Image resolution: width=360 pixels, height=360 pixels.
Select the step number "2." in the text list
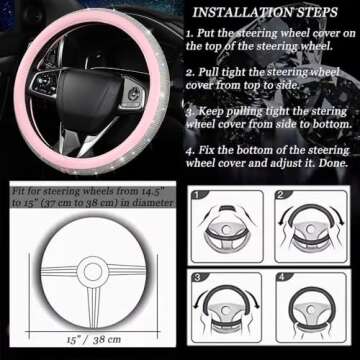point(189,73)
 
